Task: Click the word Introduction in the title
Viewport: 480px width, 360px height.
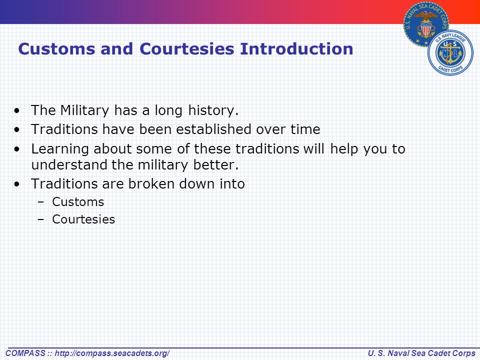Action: pos(296,49)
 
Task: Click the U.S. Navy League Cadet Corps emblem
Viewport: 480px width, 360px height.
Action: pos(450,52)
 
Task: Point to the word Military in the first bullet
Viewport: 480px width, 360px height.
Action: pos(84,110)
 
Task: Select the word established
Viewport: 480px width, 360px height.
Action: pos(213,129)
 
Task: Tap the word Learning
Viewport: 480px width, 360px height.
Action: pos(60,149)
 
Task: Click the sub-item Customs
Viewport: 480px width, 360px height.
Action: pos(78,202)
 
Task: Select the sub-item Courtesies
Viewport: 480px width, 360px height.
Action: pos(83,219)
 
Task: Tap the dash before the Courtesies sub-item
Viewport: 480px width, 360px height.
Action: pos(41,219)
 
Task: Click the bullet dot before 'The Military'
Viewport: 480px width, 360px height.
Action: pos(17,110)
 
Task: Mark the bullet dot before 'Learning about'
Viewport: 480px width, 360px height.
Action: pos(17,149)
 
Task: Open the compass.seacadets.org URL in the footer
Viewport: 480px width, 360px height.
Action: pos(112,353)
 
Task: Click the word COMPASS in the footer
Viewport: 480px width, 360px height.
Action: pos(25,353)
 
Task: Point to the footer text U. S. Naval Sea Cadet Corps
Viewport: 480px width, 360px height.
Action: pos(421,353)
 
